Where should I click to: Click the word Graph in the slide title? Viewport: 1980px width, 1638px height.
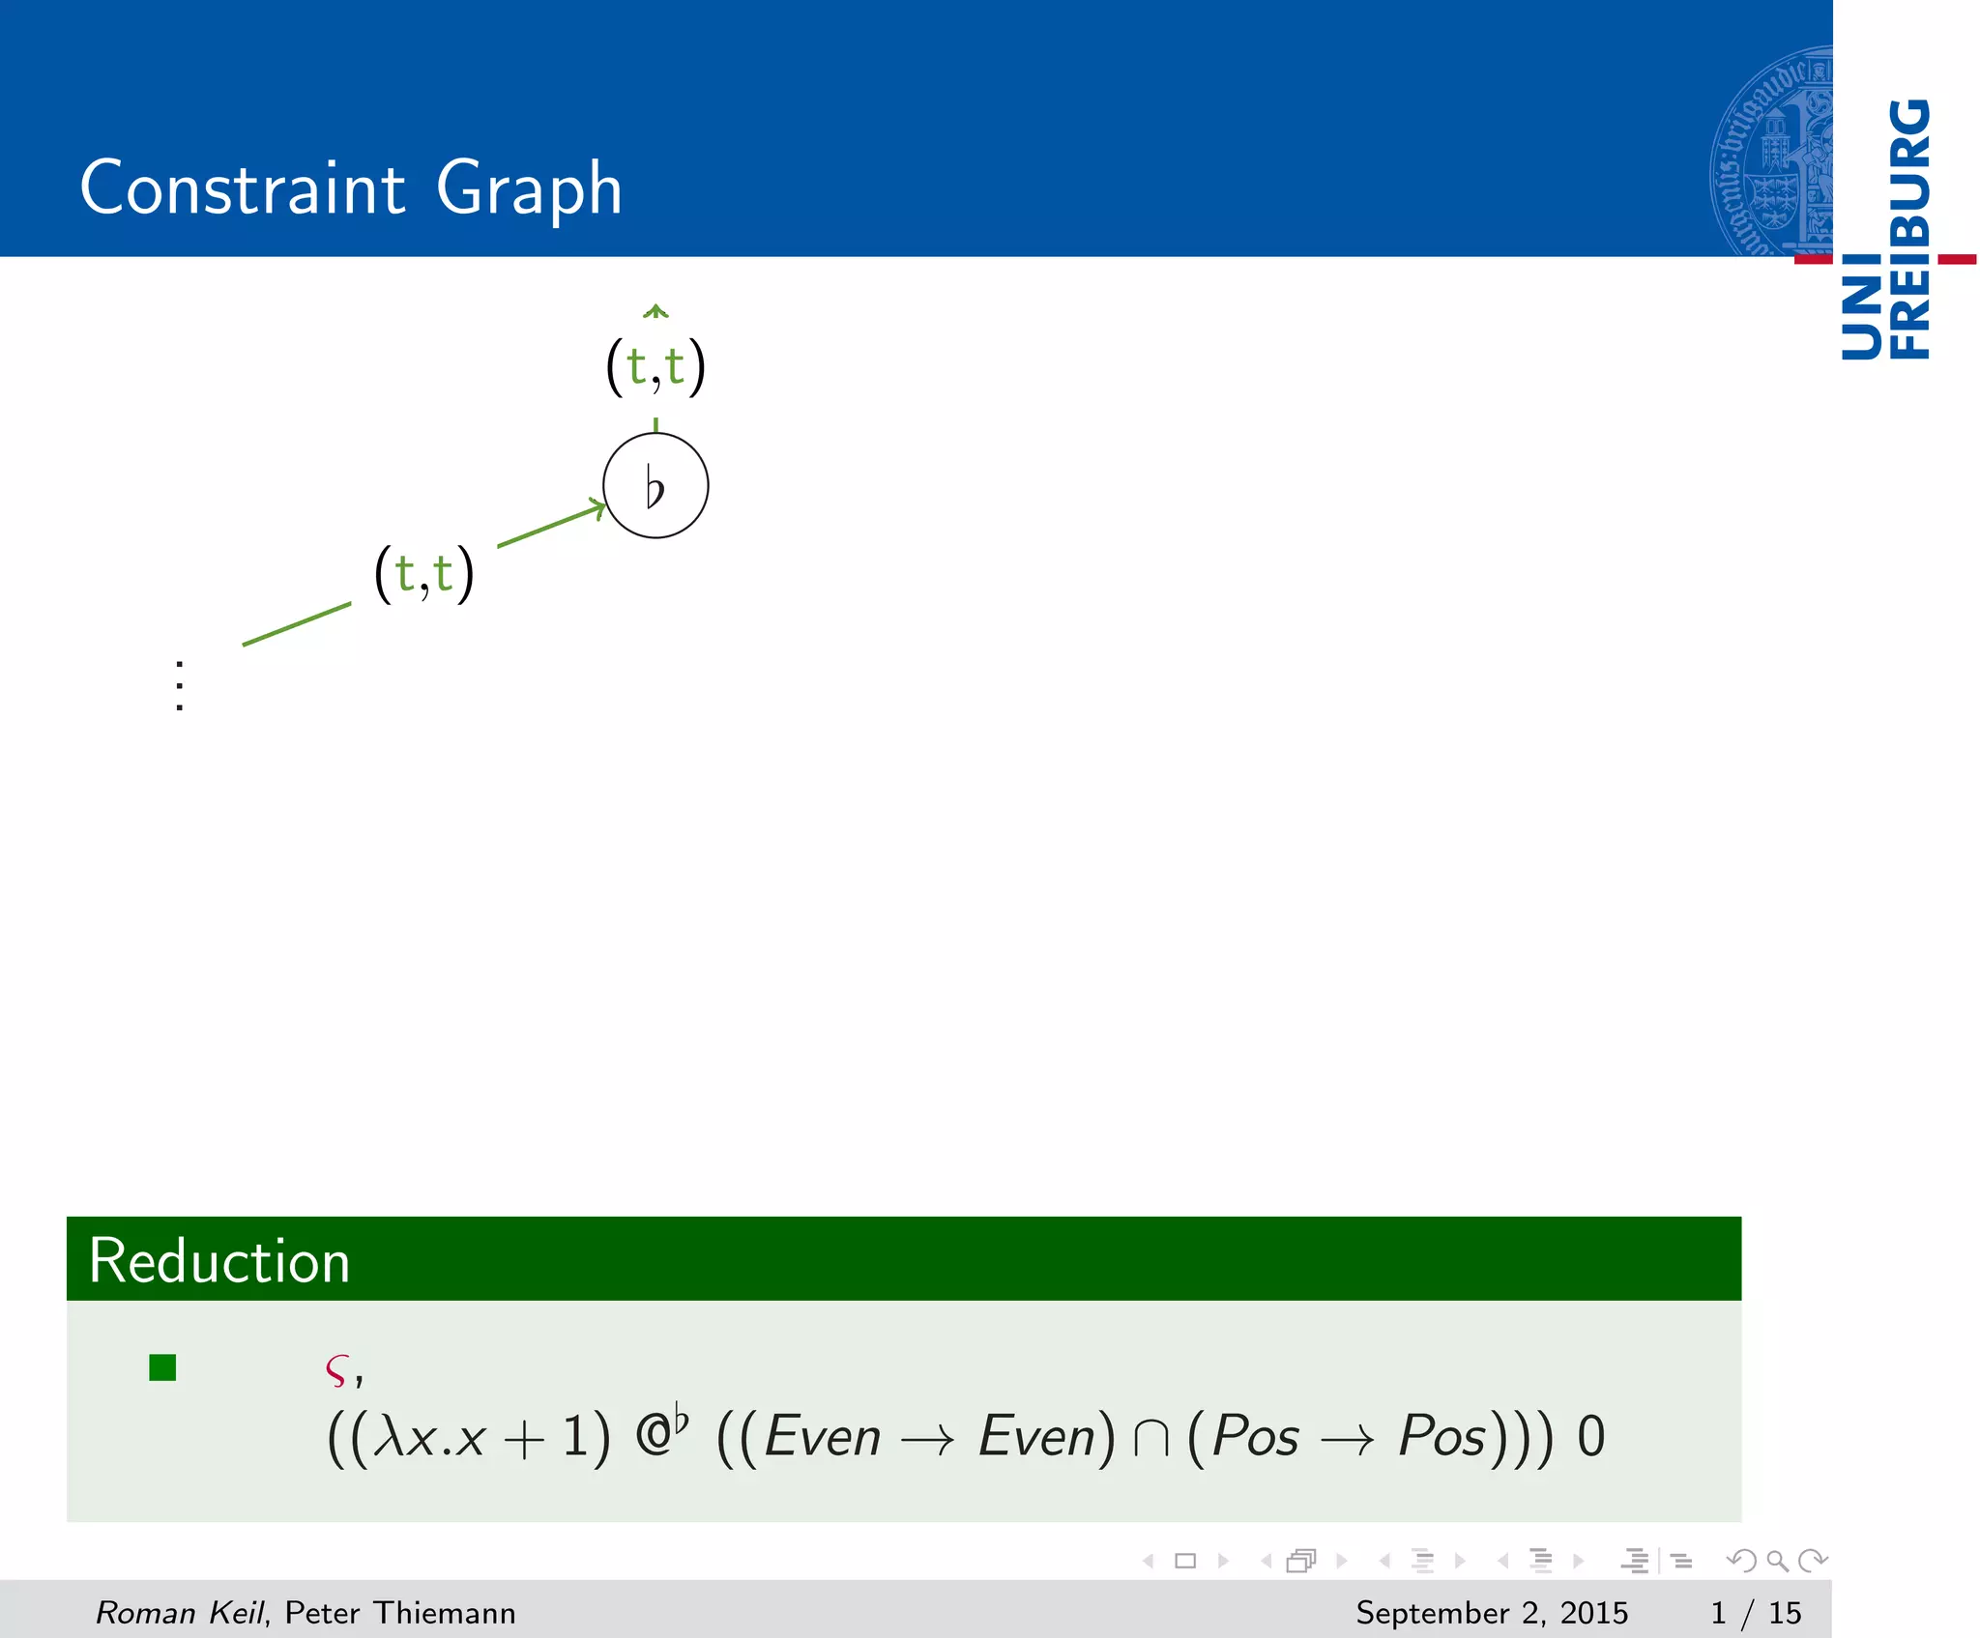coord(529,189)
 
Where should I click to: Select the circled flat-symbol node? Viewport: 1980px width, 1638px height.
coord(655,485)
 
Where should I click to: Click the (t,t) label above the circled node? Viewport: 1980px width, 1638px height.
coord(655,366)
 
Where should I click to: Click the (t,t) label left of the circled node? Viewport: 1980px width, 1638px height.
coord(423,573)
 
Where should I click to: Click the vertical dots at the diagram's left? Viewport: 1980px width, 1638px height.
coord(180,685)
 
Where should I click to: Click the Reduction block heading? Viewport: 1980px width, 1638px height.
coord(219,1261)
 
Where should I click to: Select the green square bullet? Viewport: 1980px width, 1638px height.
coord(162,1367)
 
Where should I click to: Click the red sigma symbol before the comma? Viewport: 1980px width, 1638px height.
coord(335,1369)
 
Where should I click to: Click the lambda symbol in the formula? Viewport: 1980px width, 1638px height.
coord(389,1437)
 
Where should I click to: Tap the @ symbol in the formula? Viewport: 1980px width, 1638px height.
coord(655,1437)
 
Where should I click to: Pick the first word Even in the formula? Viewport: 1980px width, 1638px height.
coord(823,1437)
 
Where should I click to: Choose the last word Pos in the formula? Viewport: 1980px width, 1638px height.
coord(1441,1437)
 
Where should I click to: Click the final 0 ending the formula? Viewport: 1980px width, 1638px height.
coord(1590,1437)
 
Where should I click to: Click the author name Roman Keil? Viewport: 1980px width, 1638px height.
coord(180,1613)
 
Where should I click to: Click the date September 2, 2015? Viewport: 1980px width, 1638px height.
coord(1491,1613)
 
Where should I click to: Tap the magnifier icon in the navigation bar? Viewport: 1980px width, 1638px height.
coord(1777,1561)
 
